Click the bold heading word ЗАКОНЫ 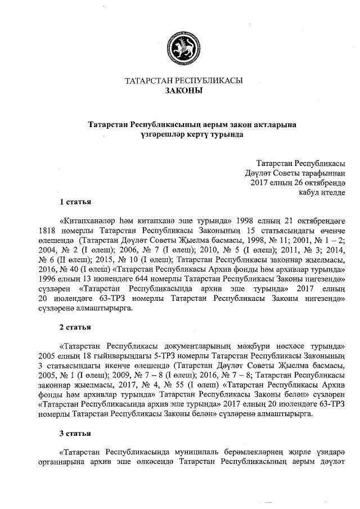(183, 91)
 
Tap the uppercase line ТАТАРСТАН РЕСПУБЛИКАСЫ (183, 80)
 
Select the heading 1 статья (76, 201)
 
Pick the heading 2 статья (76, 326)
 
